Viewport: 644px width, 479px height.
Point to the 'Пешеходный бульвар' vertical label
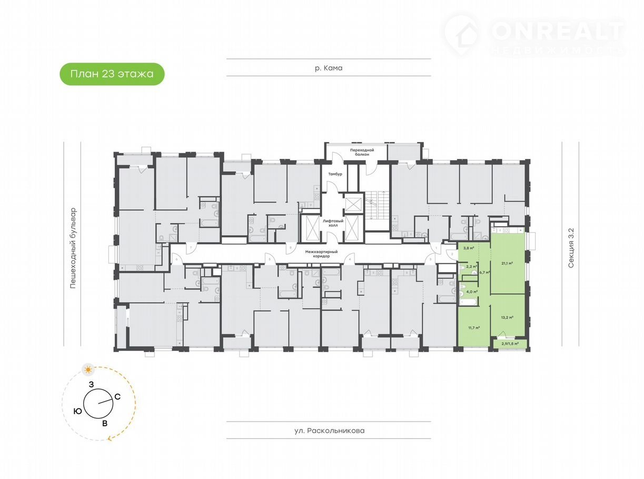coord(74,248)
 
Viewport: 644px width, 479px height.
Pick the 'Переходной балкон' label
coord(363,152)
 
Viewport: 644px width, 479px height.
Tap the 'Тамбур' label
coord(335,174)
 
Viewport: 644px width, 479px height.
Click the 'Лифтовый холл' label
coord(334,223)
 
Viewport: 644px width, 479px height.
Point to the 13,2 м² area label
coord(508,317)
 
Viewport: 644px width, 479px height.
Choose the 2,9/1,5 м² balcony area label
coord(510,344)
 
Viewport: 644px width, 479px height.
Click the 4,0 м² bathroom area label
coord(471,291)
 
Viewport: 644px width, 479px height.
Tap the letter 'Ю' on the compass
coord(78,412)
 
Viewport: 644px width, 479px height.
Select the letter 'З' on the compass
coord(91,385)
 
